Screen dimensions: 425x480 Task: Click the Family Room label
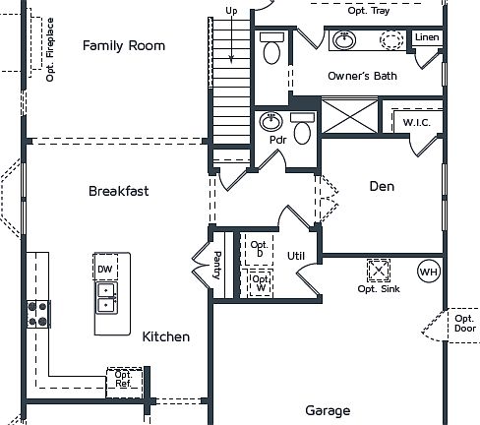pyautogui.click(x=124, y=45)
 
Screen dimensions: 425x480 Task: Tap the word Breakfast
pyautogui.click(x=118, y=191)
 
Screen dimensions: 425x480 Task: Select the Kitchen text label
pyautogui.click(x=166, y=336)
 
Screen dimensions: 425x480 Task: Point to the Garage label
pyautogui.click(x=327, y=410)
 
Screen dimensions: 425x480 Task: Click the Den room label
pyautogui.click(x=382, y=186)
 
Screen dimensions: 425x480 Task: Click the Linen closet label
pyautogui.click(x=427, y=37)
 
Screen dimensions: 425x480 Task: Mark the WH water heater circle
pyautogui.click(x=428, y=271)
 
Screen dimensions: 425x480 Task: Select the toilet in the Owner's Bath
pyautogui.click(x=272, y=48)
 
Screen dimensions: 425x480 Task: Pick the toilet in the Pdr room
pyautogui.click(x=303, y=129)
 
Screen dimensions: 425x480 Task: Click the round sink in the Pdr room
pyautogui.click(x=271, y=122)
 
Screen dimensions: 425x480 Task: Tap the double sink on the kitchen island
pyautogui.click(x=106, y=297)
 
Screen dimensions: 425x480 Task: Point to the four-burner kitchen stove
pyautogui.click(x=38, y=313)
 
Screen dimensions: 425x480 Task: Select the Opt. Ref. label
pyautogui.click(x=123, y=379)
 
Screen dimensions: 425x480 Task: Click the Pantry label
pyautogui.click(x=217, y=266)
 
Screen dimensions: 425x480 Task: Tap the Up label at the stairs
pyautogui.click(x=232, y=11)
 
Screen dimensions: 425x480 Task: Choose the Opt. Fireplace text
pyautogui.click(x=50, y=47)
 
